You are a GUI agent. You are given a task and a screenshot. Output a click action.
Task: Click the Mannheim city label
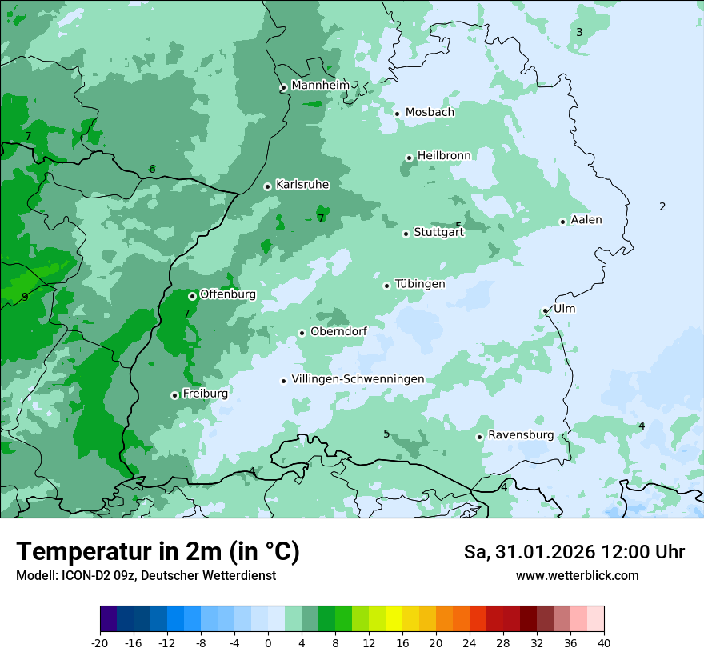pos(320,85)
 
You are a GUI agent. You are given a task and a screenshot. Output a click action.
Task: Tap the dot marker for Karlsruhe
pos(267,186)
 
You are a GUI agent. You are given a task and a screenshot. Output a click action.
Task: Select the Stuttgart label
pos(438,233)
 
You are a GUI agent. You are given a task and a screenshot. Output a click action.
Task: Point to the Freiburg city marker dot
pos(174,395)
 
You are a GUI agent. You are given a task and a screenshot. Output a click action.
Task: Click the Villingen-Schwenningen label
pos(358,379)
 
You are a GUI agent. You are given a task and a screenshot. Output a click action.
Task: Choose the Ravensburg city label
pos(520,435)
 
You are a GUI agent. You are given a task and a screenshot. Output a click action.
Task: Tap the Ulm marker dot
pos(545,310)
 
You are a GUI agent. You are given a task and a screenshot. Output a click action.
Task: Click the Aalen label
pos(586,220)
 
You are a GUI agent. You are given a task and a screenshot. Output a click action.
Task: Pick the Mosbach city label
pos(430,113)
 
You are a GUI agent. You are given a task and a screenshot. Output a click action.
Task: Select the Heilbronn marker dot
pos(409,158)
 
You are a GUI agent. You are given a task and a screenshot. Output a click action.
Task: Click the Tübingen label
pos(420,284)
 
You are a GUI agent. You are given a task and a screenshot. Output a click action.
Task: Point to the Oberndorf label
pos(338,331)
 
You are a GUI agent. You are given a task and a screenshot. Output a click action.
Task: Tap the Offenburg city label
pos(228,294)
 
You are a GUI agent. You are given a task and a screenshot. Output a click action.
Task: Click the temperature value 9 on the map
pos(25,297)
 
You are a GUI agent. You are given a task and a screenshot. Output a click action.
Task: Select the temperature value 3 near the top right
pos(579,32)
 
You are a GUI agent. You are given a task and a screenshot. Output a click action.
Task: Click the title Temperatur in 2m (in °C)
pos(158,551)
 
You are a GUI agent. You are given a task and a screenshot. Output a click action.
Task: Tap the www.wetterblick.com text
pos(577,575)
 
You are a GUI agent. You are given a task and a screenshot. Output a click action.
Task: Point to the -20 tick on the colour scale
pos(100,642)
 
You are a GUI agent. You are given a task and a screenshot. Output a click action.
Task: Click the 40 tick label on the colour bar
pos(604,642)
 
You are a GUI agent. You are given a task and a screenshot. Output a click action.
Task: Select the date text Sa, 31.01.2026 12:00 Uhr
pos(574,552)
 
